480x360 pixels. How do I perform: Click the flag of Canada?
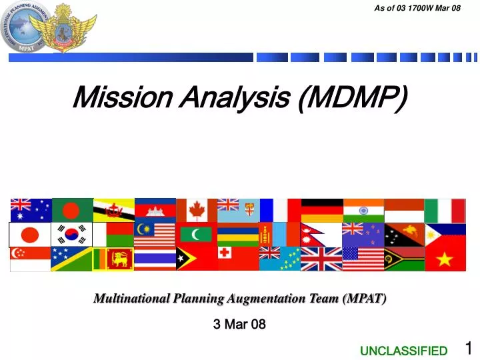click(196, 210)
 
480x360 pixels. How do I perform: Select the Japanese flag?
click(30, 235)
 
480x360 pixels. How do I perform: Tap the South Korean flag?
click(71, 235)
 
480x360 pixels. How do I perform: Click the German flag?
click(321, 210)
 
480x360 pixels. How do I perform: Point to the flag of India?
click(363, 210)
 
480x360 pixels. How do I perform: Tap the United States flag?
click(363, 259)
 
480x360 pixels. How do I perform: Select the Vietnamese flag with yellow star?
click(445, 259)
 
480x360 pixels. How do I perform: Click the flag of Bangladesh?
click(71, 210)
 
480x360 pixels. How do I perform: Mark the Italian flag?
click(445, 210)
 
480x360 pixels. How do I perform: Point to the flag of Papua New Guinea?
click(404, 235)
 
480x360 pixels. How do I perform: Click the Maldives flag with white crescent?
click(196, 235)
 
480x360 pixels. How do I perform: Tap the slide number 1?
click(468, 347)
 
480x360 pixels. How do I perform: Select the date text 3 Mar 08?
click(239, 325)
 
